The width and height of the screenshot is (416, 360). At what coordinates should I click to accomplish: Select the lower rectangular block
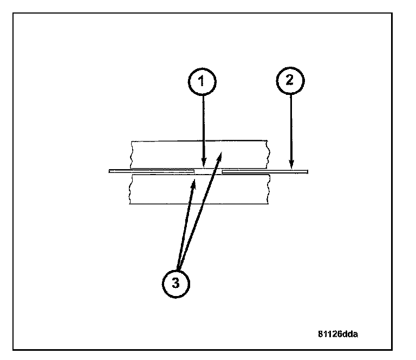pyautogui.click(x=162, y=190)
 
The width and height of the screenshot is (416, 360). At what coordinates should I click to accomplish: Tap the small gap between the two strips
pyautogui.click(x=209, y=171)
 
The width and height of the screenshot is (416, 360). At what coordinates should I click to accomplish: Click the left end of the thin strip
pyautogui.click(x=110, y=171)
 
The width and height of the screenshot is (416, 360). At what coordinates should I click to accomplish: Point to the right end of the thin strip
pyautogui.click(x=307, y=171)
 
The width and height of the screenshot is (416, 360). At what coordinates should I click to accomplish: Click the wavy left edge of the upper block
pyautogui.click(x=131, y=153)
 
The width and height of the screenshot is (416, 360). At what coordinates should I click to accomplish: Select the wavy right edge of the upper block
pyautogui.click(x=267, y=153)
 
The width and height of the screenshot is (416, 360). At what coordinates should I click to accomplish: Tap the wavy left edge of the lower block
pyautogui.click(x=131, y=189)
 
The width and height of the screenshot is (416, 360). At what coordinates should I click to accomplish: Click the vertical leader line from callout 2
pyautogui.click(x=291, y=130)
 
